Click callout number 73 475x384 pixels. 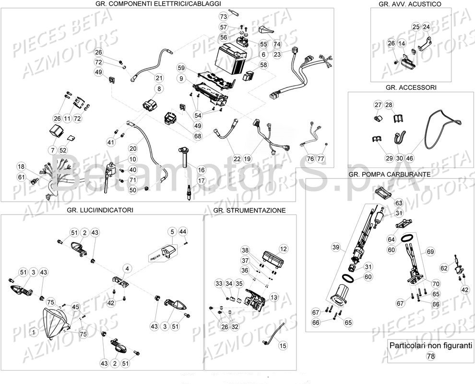pos(223,16)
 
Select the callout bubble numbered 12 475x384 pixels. pos(283,249)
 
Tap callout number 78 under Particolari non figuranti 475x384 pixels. pos(430,356)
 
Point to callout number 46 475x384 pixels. pos(409,158)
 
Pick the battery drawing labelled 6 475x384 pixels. pos(232,60)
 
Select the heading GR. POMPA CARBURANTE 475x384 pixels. pos(389,174)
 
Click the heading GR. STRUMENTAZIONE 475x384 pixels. pos(249,210)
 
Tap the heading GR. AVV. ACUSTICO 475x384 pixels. pos(410,4)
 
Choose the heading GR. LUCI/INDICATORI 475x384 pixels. pos(101,210)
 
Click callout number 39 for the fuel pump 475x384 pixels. pos(336,247)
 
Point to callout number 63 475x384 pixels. pos(399,203)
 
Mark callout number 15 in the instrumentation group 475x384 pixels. pos(283,346)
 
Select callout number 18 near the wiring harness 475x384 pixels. pos(21,167)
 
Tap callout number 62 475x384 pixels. pos(444,268)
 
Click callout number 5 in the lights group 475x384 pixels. pos(172,232)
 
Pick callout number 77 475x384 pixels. pos(321,158)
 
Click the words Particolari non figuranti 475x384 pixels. pos(431,345)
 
